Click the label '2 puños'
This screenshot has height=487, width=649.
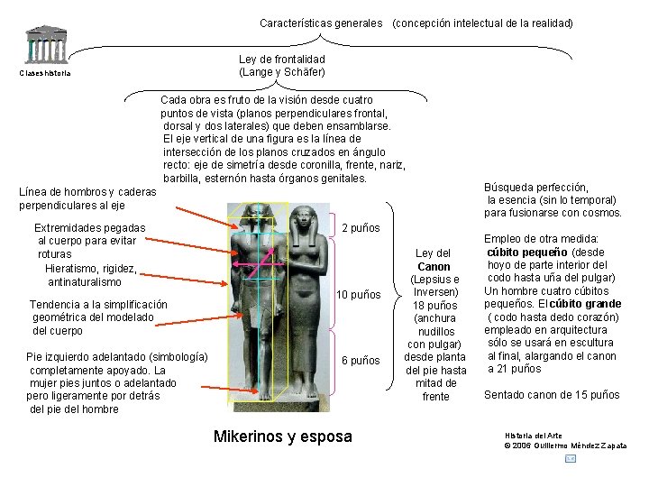(x=361, y=228)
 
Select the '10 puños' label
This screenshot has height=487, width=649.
(x=358, y=296)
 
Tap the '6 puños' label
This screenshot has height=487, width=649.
(x=361, y=361)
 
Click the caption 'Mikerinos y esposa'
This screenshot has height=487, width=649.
(x=283, y=437)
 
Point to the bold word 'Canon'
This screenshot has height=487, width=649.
(x=434, y=267)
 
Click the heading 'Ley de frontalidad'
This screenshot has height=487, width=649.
(x=282, y=59)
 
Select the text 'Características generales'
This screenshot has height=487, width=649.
(x=321, y=23)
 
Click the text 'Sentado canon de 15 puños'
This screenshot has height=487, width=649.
(x=552, y=395)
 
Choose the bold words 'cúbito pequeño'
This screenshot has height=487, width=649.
(x=528, y=253)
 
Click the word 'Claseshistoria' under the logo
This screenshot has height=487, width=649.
(x=45, y=74)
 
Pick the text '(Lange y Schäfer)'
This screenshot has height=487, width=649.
(x=282, y=71)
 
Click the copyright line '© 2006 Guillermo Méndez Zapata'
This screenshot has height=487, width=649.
(x=566, y=446)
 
